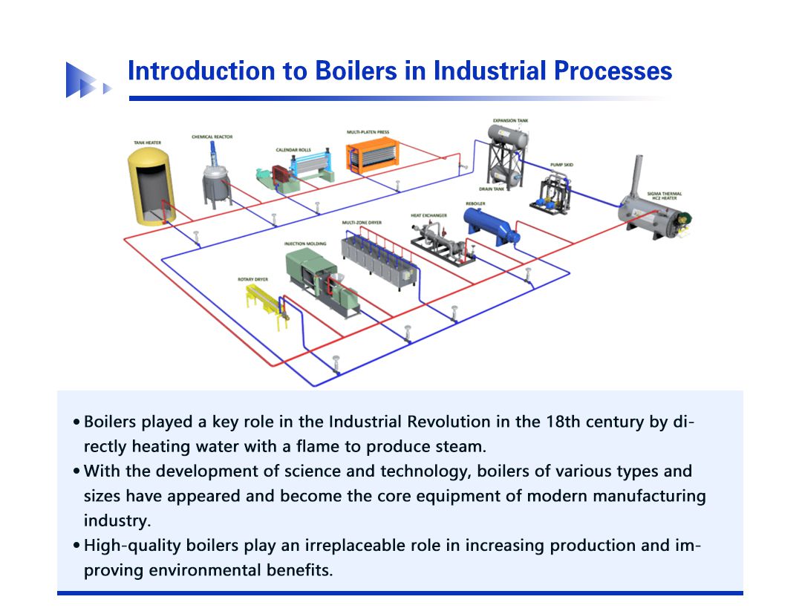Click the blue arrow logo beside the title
click(84, 80)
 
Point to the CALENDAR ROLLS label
click(293, 150)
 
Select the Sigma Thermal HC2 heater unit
click(651, 212)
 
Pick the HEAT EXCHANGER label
click(428, 215)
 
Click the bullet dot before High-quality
click(76, 546)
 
